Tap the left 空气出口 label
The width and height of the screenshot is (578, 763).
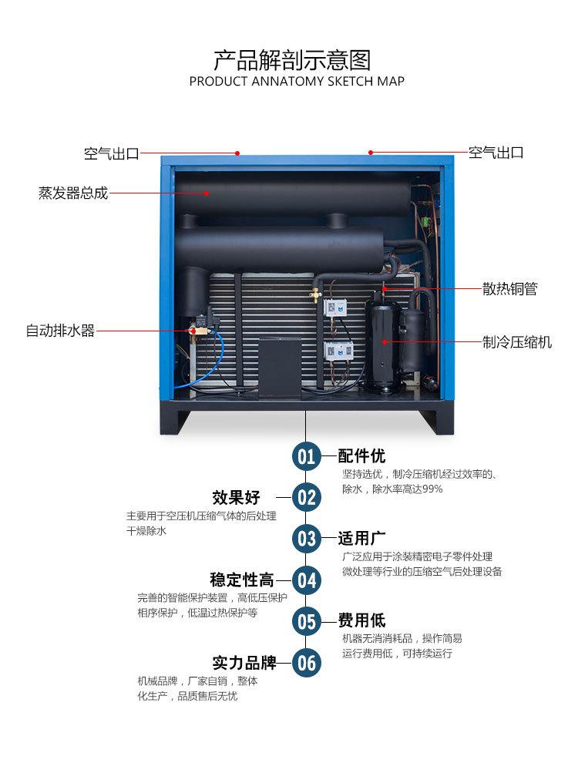[111, 153]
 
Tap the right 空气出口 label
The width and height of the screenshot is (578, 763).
[496, 153]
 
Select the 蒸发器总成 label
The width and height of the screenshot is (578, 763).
[73, 193]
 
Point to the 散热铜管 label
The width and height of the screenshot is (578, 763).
[509, 289]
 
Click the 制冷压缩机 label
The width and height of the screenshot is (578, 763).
[517, 342]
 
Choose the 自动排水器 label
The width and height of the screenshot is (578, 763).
[60, 331]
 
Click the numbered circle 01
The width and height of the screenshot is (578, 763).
[307, 456]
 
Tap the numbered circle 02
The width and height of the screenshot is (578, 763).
[307, 497]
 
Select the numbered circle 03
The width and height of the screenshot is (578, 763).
[307, 538]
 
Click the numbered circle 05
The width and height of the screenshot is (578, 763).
[307, 620]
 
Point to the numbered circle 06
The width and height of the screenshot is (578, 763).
[307, 662]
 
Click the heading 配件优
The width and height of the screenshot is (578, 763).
[361, 455]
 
